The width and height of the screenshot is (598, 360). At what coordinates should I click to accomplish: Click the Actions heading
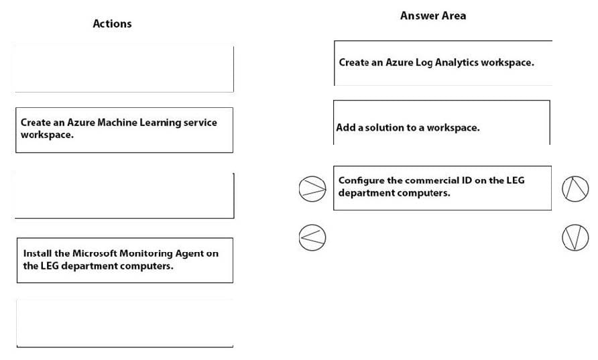112,23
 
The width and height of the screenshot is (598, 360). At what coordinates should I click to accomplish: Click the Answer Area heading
433,15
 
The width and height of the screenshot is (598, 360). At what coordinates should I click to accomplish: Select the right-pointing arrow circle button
312,189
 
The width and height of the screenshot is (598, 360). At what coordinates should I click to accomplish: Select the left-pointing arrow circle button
312,237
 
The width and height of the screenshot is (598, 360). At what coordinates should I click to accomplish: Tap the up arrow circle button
575,189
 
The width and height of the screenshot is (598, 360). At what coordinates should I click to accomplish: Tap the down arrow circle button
575,237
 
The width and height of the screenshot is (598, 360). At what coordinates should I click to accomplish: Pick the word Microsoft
95,253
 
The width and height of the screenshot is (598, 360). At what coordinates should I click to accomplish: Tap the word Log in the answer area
424,63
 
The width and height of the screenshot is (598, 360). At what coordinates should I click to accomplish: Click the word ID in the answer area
467,180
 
